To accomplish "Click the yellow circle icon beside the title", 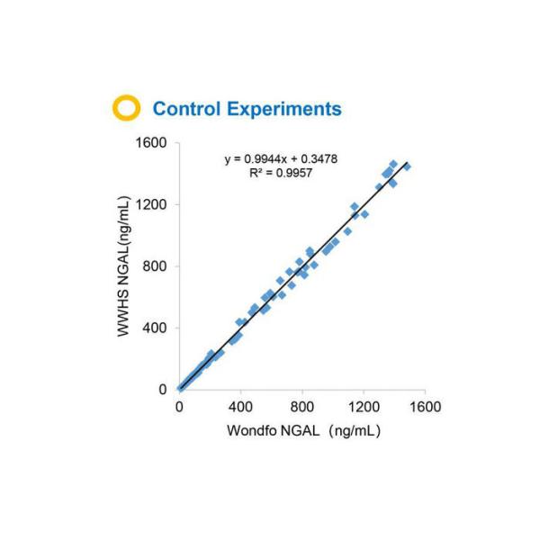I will tap(126, 109).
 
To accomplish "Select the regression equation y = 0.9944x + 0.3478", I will tap(281, 159).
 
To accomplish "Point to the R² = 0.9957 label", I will tap(281, 172).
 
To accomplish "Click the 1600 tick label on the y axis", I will tap(153, 143).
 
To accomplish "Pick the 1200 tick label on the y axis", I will tap(153, 204).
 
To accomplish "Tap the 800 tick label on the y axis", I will tap(157, 266).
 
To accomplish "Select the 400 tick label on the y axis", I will tap(157, 328).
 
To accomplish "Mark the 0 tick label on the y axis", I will tap(164, 390).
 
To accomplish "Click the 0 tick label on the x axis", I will tap(179, 407).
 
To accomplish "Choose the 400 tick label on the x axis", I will tap(240, 407).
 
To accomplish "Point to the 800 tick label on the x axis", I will tap(301, 407).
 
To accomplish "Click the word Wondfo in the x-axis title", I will tap(255, 430).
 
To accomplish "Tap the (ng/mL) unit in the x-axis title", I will tap(355, 430).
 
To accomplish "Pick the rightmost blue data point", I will tap(407, 167).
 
